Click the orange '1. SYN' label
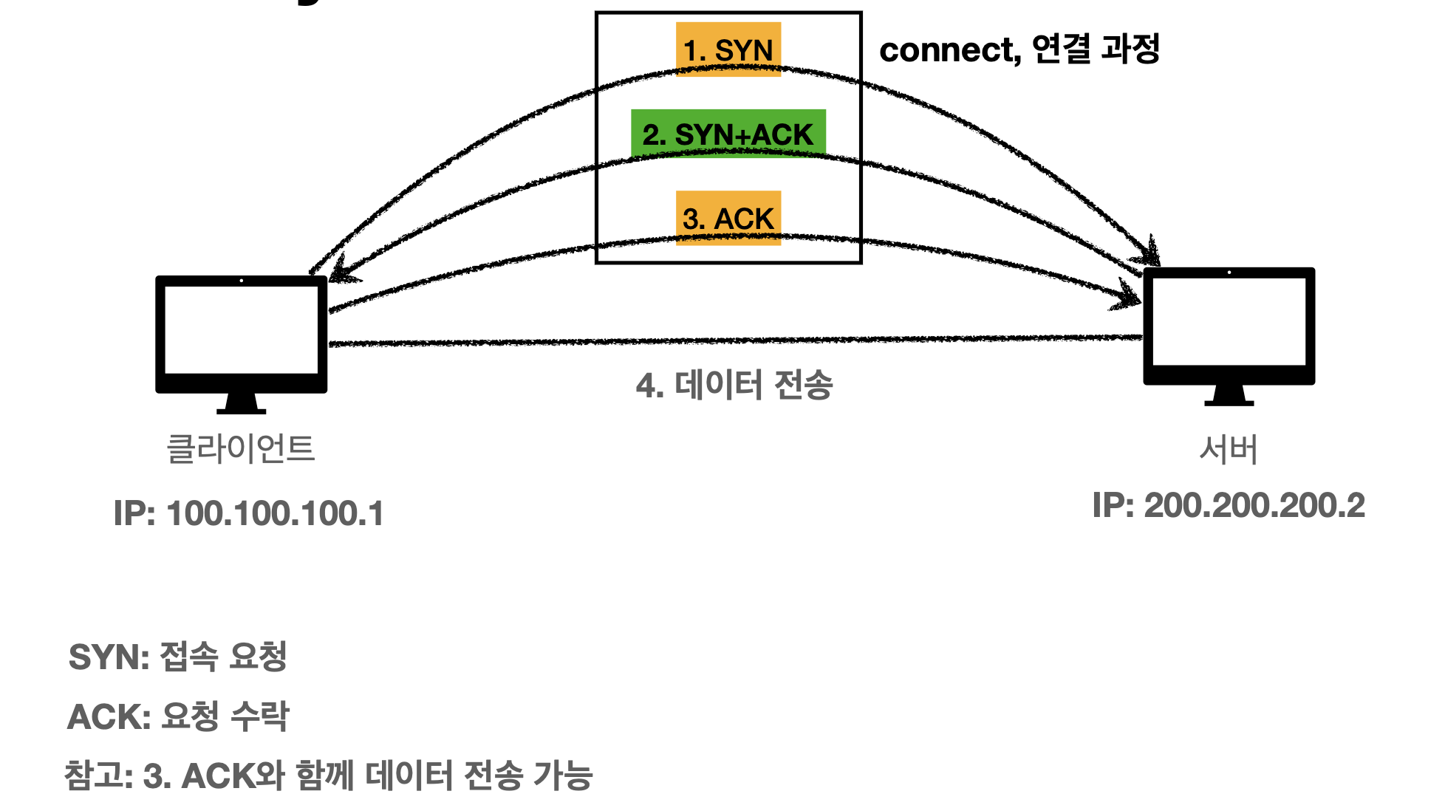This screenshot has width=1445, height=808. (x=728, y=49)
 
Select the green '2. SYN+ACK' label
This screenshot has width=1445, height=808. (x=728, y=134)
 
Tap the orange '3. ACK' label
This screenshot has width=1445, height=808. (x=728, y=218)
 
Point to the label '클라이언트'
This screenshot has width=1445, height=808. (x=241, y=448)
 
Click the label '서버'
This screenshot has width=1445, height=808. (x=1228, y=448)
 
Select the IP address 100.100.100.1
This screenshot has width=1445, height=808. (x=248, y=513)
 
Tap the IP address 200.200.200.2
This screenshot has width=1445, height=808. (x=1228, y=506)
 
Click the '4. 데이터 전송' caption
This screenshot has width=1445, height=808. (x=734, y=385)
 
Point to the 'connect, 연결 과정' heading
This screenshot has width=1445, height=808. (x=1019, y=49)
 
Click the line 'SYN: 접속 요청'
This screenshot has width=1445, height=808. (x=177, y=657)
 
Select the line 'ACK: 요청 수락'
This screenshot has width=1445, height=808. (x=178, y=716)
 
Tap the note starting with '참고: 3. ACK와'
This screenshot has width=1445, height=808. (x=329, y=776)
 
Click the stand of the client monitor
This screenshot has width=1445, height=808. (x=241, y=403)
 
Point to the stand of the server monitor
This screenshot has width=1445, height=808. (x=1229, y=396)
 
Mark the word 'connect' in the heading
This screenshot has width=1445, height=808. (x=949, y=50)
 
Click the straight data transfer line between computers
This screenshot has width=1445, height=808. (x=734, y=340)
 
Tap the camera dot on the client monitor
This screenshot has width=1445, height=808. (x=241, y=281)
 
